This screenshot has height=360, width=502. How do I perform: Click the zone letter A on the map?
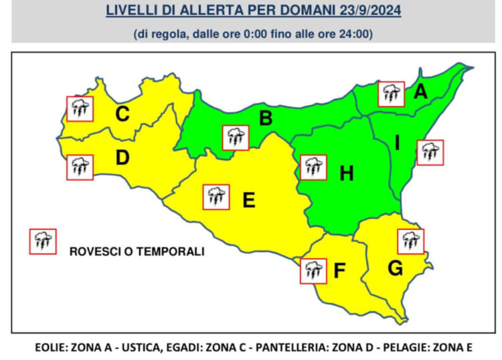pyautogui.click(x=420, y=92)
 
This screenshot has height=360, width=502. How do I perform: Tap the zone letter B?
pyautogui.click(x=266, y=118)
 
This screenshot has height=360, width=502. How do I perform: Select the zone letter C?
pyautogui.click(x=122, y=114)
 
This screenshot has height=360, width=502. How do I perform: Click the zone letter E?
pyautogui.click(x=248, y=199)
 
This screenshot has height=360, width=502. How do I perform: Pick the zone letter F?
pyautogui.click(x=339, y=272)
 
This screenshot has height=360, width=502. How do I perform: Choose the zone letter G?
pyautogui.click(x=396, y=268)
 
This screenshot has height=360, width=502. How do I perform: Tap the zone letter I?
pyautogui.click(x=398, y=143)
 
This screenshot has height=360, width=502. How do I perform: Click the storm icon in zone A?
pyautogui.click(x=391, y=94)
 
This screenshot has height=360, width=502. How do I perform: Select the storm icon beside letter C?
pyautogui.click(x=80, y=108)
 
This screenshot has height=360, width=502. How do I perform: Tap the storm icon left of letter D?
pyautogui.click(x=80, y=167)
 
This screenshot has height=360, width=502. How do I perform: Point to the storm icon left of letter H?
pyautogui.click(x=313, y=167)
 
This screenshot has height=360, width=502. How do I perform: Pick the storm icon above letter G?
pyautogui.click(x=411, y=241)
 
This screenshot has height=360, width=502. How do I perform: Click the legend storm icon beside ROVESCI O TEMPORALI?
pyautogui.click(x=43, y=241)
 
